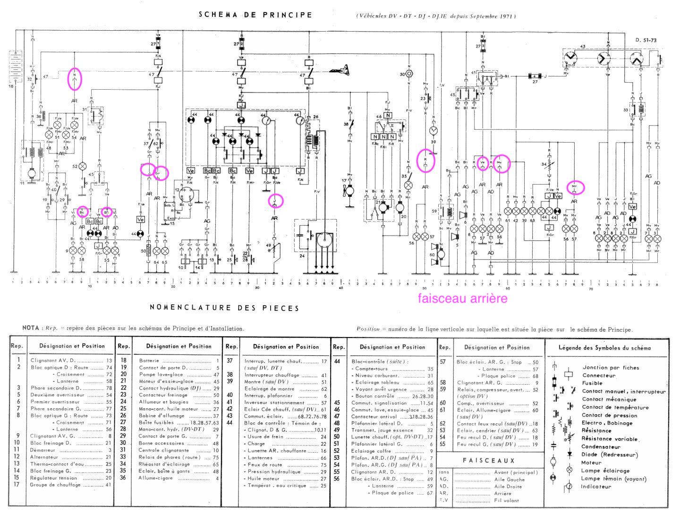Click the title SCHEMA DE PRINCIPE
click(255, 15)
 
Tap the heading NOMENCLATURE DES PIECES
click(224, 308)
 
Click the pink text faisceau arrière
click(462, 298)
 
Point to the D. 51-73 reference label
click(646, 41)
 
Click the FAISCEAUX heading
click(488, 460)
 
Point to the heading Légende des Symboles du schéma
click(604, 348)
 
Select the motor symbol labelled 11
click(32, 173)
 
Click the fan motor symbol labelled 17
click(350, 190)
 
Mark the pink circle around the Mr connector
click(575, 187)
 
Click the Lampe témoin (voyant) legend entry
click(613, 479)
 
